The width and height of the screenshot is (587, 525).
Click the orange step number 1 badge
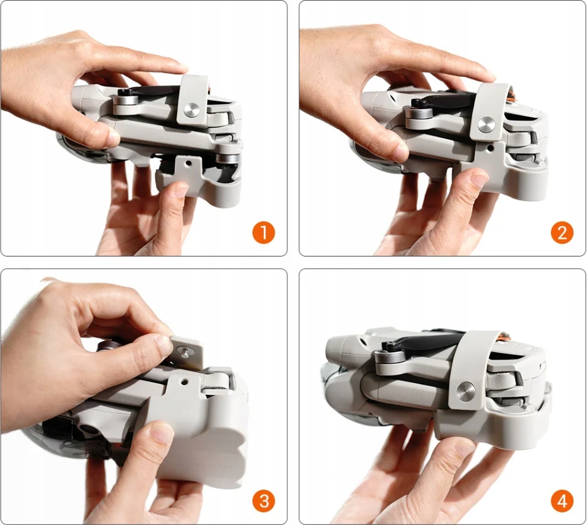(x=264, y=232)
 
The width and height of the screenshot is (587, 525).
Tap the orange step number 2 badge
(x=562, y=232)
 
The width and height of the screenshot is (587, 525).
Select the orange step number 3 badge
(x=264, y=501)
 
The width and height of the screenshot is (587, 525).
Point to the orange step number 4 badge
(x=562, y=501)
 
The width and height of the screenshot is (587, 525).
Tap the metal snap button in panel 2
(x=486, y=125)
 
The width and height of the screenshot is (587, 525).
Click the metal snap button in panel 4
(x=466, y=392)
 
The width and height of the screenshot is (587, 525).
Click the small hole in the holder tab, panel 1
(x=188, y=164)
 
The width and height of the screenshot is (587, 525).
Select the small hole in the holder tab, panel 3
(x=183, y=382)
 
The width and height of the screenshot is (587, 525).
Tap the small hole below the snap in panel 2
(x=490, y=148)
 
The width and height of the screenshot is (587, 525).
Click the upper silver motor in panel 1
(x=126, y=104)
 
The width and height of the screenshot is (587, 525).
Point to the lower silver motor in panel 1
(x=227, y=154)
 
